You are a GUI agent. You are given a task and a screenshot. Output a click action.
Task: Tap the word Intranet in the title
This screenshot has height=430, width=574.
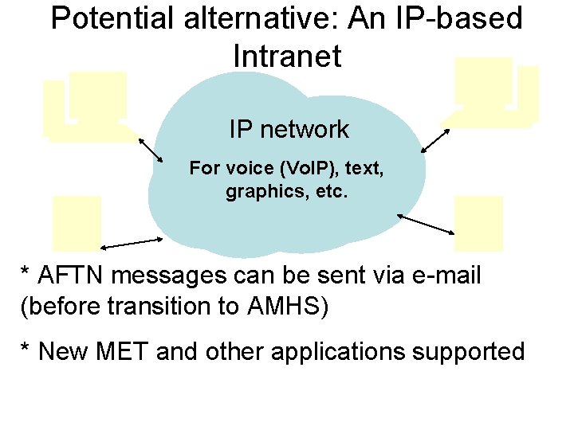pyautogui.click(x=287, y=56)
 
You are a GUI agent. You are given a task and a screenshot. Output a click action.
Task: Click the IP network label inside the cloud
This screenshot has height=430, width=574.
pyautogui.click(x=289, y=129)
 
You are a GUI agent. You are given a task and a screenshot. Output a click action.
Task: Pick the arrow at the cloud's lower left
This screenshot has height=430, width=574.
pyautogui.click(x=131, y=242)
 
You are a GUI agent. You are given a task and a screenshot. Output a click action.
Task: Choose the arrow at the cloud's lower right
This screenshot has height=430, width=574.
pyautogui.click(x=426, y=224)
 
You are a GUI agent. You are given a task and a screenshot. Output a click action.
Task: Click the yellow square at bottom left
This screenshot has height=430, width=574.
pyautogui.click(x=77, y=224)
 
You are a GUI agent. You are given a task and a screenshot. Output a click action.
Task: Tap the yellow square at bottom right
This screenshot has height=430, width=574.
pyautogui.click(x=478, y=224)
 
